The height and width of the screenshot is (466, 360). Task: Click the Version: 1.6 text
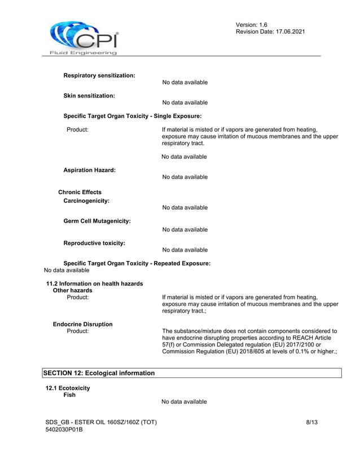pos(252,25)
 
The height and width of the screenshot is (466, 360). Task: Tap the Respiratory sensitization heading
pos(99,76)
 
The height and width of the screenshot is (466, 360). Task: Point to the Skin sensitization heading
pos(89,96)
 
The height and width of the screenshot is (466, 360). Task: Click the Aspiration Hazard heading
pos(90,170)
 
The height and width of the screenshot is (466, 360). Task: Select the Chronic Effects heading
pos(80,192)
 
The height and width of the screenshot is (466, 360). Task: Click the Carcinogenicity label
pos(86,201)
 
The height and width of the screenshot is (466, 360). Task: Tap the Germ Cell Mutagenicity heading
pos(97,221)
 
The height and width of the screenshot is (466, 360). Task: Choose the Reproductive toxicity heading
pos(94,243)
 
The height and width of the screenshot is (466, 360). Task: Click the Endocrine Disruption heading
pos(82,324)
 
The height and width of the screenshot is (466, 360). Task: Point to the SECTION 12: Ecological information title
pos(99,373)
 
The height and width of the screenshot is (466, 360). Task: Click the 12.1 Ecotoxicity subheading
pos(67,388)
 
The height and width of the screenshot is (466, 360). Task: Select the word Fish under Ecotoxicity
pos(69,395)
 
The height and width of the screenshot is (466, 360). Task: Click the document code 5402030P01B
pos(64,430)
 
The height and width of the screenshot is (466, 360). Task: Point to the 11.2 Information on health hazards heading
pos(94,283)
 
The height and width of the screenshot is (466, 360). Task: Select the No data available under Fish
pos(184,402)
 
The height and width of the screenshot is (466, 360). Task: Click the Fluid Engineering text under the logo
pos(80,52)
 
